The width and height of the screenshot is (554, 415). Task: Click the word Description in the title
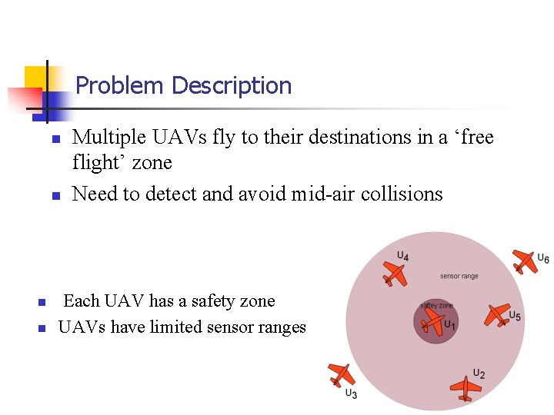click(232, 85)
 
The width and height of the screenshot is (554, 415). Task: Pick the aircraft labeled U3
click(340, 374)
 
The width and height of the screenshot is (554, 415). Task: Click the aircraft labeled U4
click(395, 274)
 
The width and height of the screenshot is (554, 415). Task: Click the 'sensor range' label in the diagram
click(459, 276)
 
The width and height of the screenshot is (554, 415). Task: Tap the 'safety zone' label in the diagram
click(436, 305)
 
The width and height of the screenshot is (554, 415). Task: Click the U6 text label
click(542, 258)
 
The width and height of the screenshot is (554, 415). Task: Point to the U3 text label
click(351, 394)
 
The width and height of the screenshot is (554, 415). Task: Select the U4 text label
click(403, 256)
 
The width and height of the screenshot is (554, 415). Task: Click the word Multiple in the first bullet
click(109, 138)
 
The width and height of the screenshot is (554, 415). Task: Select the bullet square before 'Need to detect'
click(55, 196)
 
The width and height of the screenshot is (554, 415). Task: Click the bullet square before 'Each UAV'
click(43, 302)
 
